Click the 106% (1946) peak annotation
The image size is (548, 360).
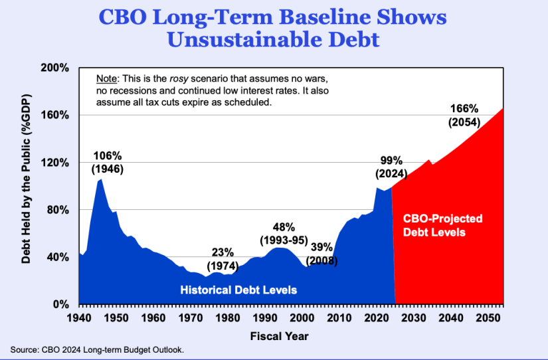[107, 162]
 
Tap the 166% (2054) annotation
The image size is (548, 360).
[465, 115]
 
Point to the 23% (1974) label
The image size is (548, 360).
[223, 258]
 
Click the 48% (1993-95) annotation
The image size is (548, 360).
[283, 232]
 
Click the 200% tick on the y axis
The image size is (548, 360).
[56, 68]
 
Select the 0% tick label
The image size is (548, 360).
[61, 304]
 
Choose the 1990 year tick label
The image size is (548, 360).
[265, 317]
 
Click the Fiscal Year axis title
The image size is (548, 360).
[280, 336]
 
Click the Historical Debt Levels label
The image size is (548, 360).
[238, 290]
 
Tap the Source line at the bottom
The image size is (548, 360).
[96, 349]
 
